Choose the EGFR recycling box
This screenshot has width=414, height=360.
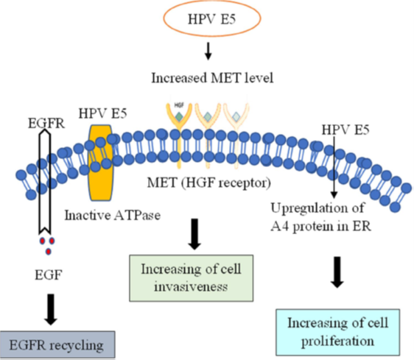[58, 342]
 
